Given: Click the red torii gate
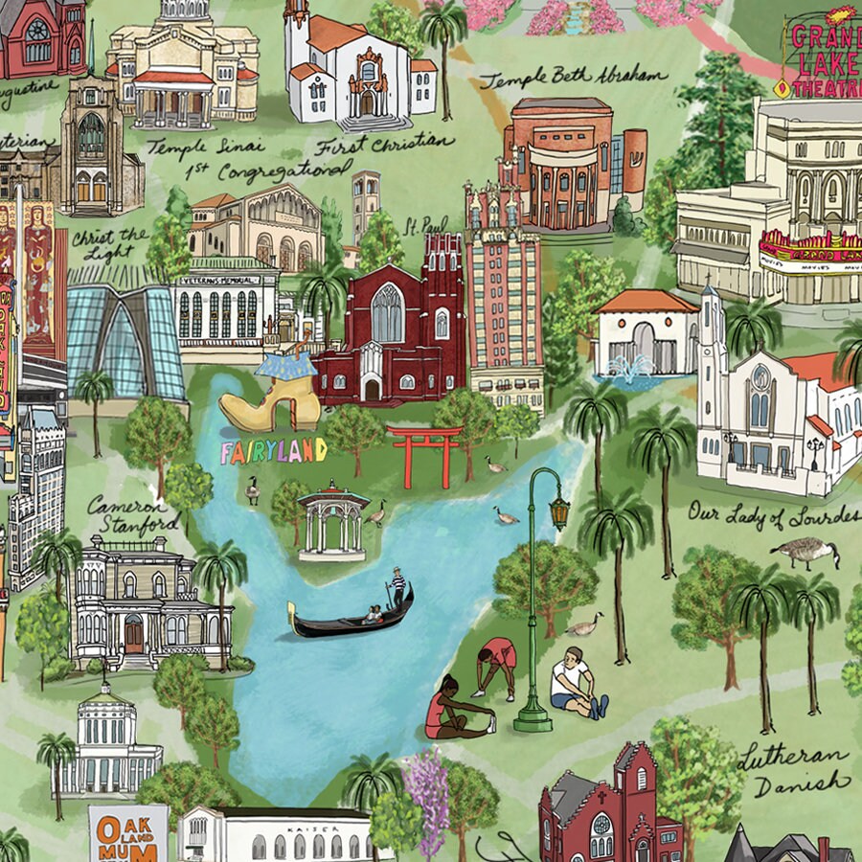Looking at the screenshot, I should [x=424, y=455].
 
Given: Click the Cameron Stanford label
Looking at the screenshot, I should [x=133, y=513].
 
